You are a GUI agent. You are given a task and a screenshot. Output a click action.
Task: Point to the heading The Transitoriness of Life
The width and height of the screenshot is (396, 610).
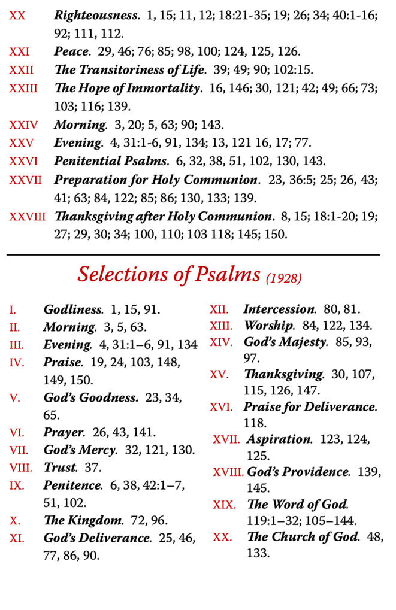pos(128,71)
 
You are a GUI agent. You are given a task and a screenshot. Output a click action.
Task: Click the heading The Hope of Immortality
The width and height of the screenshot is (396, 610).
pos(127,89)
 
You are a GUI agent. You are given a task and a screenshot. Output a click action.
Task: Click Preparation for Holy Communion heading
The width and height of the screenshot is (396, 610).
pos(156,180)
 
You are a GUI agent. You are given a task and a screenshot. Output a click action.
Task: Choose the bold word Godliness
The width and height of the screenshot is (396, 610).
pos(73,310)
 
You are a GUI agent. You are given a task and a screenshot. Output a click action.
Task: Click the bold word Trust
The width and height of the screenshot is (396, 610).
pos(61,468)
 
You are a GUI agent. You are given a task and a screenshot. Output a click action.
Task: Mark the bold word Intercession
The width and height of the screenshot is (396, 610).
pos(279,310)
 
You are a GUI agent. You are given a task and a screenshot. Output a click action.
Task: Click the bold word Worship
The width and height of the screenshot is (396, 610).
pos(269,327)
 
